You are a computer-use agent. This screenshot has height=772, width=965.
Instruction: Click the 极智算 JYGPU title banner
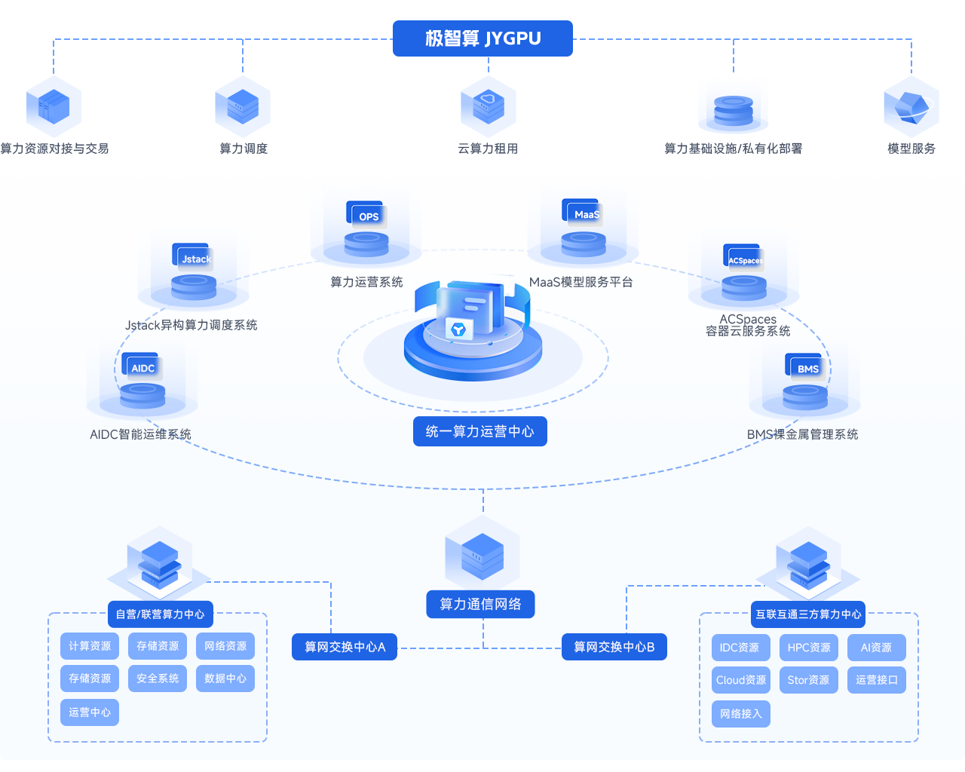click(482, 38)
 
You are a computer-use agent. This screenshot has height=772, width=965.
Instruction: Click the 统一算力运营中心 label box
click(480, 431)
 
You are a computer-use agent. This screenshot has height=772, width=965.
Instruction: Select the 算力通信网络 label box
click(480, 604)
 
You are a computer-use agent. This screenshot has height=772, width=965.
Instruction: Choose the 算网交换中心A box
click(345, 647)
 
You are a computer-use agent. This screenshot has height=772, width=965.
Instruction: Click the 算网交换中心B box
click(614, 647)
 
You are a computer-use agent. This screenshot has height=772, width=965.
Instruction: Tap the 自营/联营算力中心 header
click(161, 614)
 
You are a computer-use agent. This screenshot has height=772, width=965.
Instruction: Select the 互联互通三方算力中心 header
click(808, 614)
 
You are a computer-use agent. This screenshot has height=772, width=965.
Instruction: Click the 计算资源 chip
click(90, 646)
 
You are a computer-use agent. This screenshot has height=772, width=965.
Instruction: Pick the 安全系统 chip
click(158, 679)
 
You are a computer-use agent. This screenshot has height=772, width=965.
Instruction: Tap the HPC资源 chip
click(809, 648)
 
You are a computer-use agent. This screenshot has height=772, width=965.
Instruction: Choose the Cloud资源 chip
click(741, 680)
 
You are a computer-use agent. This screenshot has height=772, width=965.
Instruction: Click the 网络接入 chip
click(741, 713)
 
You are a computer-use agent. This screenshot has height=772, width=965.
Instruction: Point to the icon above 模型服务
click(911, 107)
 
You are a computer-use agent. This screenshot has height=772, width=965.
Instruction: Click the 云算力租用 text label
click(488, 149)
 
